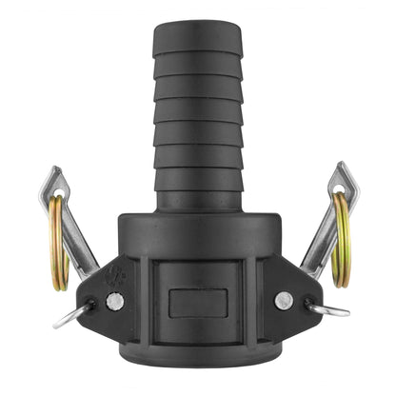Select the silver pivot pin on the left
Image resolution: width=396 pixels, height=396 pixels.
(114, 301)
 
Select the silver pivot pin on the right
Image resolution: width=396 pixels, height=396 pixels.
(283, 300)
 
